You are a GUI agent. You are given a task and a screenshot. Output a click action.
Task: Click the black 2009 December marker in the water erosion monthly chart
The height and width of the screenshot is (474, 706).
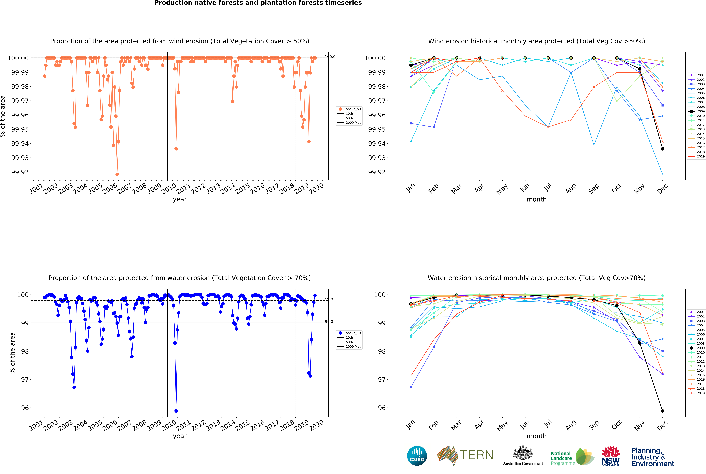click(662, 411)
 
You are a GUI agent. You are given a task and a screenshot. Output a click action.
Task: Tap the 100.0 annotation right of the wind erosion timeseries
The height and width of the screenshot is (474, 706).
click(330, 57)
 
